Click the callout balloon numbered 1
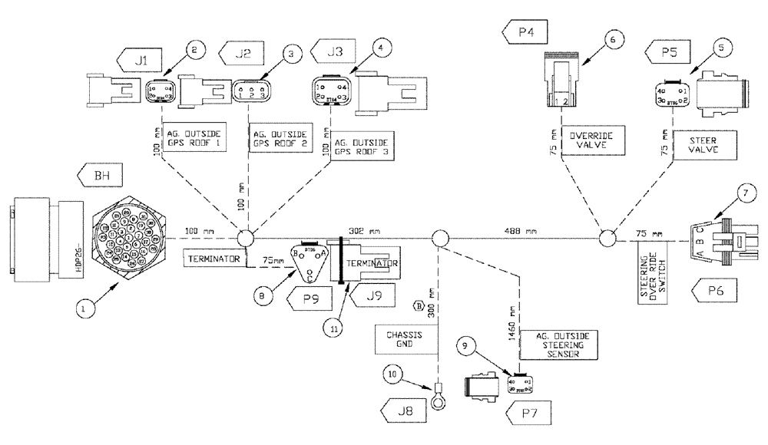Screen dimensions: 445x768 (87, 310)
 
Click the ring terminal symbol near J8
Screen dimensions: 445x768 (439, 400)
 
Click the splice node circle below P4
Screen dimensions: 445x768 (608, 238)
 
